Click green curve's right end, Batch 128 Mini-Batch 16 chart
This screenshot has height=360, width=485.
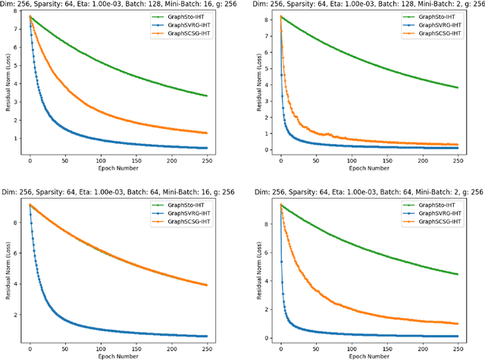(x=207, y=95)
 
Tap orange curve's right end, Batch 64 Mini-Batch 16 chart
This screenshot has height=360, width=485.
(x=207, y=285)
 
